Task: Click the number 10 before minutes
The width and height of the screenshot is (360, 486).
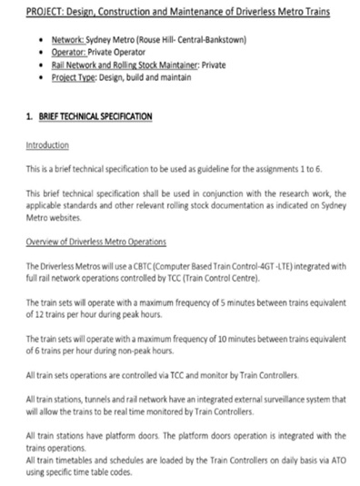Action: (x=226, y=338)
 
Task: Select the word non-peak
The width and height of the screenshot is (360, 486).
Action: (x=125, y=350)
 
